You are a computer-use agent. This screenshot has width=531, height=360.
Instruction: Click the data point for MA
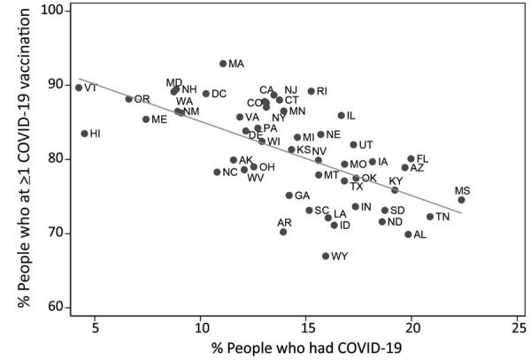(223, 64)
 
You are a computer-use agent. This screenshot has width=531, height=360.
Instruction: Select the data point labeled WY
(326, 256)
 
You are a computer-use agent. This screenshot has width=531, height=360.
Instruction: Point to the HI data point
(85, 134)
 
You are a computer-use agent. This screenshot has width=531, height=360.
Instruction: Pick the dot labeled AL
(408, 234)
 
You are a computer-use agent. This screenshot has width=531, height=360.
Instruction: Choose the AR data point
(283, 232)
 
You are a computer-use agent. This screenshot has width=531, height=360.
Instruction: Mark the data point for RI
(311, 91)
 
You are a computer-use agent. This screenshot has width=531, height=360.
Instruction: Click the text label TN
(442, 217)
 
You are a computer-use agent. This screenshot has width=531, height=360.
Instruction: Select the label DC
(219, 94)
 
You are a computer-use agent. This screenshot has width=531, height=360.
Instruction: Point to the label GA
(302, 195)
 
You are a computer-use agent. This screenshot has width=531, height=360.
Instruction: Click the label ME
(159, 119)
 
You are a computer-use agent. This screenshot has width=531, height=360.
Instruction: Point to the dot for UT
(353, 145)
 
